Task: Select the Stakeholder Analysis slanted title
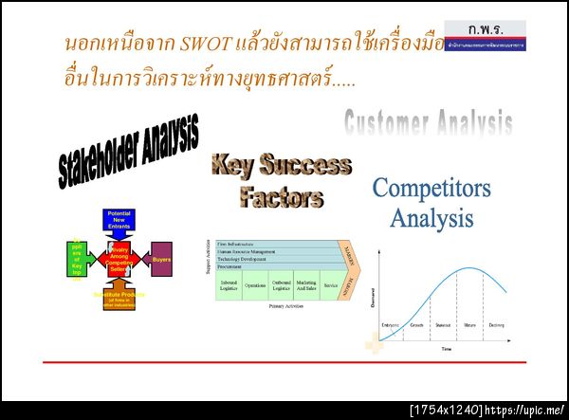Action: (x=128, y=151)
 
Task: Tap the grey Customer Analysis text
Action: (x=428, y=121)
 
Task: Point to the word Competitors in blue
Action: (x=431, y=188)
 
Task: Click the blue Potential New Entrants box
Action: (x=119, y=220)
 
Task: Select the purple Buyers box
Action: (x=162, y=257)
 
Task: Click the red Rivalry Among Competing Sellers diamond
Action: (x=119, y=257)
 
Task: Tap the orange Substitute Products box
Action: (x=119, y=297)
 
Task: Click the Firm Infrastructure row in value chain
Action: (x=275, y=244)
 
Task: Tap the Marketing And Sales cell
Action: (x=305, y=285)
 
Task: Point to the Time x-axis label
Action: (x=446, y=349)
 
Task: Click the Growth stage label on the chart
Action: (x=416, y=325)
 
